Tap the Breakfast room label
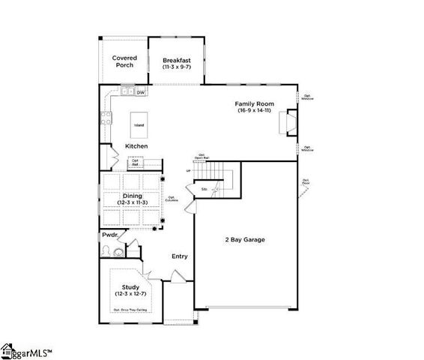click(175, 58)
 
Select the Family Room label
click(255, 103)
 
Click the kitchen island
click(139, 125)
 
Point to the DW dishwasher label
click(140, 92)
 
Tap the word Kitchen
click(136, 145)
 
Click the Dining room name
click(133, 196)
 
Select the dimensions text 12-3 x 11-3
click(133, 202)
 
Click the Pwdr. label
click(110, 235)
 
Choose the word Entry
click(180, 256)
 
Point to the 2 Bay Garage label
click(246, 240)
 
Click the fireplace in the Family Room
click(287, 121)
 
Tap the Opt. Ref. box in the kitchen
click(136, 161)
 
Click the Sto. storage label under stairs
click(205, 189)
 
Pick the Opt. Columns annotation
click(171, 199)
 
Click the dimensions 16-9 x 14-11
click(255, 110)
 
